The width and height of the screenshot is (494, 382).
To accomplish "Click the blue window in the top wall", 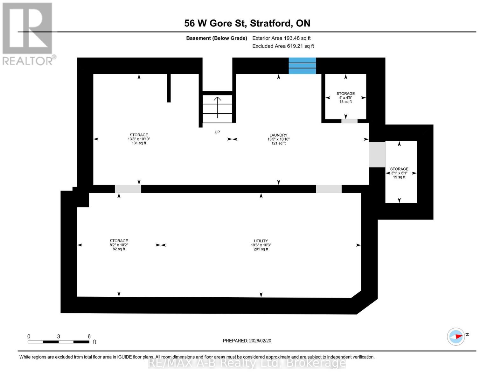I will (x=302, y=66).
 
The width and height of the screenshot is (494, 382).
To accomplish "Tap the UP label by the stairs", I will (x=217, y=132).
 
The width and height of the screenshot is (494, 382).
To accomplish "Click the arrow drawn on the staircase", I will (x=217, y=107).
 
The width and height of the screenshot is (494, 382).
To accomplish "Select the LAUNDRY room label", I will (x=278, y=135).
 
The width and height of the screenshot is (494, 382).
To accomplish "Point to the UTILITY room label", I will (x=261, y=241).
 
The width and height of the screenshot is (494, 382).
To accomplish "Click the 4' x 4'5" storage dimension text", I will (x=345, y=98).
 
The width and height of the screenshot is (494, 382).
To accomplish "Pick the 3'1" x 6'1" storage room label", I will (x=399, y=169).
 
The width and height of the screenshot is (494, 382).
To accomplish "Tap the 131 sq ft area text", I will (x=139, y=143).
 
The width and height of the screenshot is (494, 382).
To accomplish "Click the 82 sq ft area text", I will (x=119, y=249).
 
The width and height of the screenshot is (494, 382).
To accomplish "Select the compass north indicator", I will (x=456, y=336).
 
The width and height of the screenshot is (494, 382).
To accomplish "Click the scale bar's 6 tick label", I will (x=89, y=336).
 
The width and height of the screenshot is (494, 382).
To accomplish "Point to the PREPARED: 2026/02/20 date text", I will (x=247, y=341).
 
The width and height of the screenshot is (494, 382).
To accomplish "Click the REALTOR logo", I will (x=28, y=33).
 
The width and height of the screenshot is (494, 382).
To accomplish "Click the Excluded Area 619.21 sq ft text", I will (x=283, y=46).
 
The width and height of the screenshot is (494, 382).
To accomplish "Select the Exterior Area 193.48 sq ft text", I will (x=281, y=38).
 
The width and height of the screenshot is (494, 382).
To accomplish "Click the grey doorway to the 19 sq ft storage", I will (x=377, y=154).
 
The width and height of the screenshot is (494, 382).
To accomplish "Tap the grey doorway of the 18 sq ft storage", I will (x=349, y=121).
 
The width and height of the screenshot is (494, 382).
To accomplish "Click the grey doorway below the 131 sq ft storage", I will (x=128, y=189).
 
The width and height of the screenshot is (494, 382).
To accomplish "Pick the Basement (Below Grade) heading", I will (x=217, y=38).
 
